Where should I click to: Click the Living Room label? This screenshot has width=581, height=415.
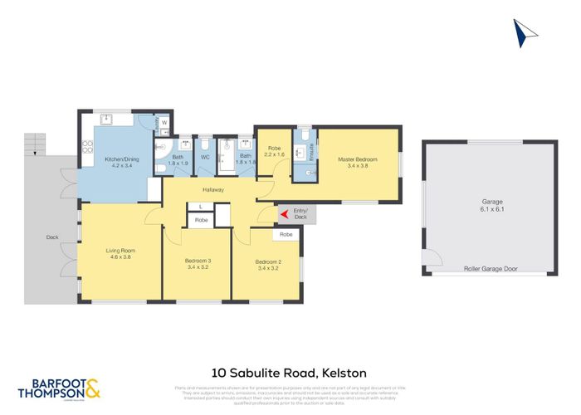[x=121, y=253]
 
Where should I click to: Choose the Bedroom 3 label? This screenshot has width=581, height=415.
[x=198, y=264]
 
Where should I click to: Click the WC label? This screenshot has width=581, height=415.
[x=205, y=156]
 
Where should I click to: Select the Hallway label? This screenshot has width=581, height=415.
[x=214, y=188]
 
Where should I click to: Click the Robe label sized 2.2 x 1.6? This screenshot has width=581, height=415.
[x=274, y=152]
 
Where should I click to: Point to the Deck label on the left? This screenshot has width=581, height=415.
[x=52, y=237]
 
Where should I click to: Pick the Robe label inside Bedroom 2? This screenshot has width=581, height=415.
[x=286, y=235]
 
